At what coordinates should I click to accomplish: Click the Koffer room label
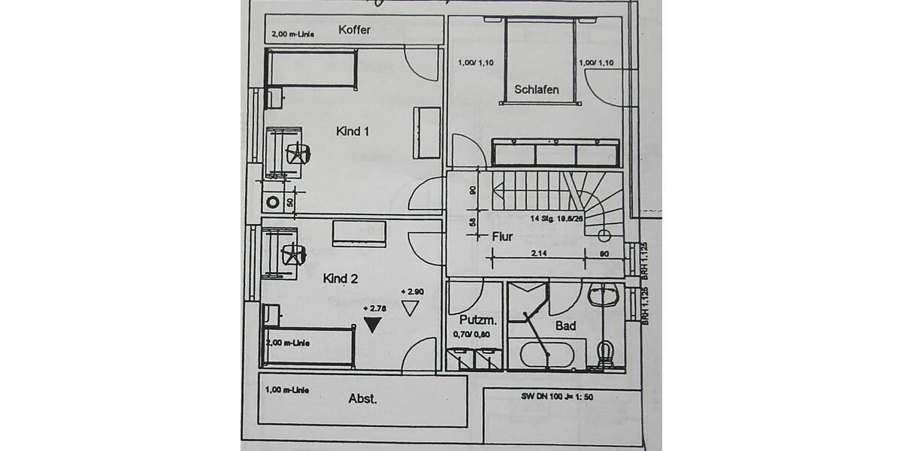pyautogui.click(x=355, y=30)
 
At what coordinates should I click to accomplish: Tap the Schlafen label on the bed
pyautogui.click(x=536, y=89)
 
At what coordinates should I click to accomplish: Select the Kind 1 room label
pyautogui.click(x=352, y=132)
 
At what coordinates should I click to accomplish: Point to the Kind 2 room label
pyautogui.click(x=341, y=279)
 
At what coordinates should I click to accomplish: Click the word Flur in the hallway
pyautogui.click(x=502, y=237)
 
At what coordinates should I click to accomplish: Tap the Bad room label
pyautogui.click(x=565, y=325)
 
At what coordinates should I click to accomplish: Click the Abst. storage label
pyautogui.click(x=362, y=399)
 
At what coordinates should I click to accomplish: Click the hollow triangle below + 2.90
pyautogui.click(x=410, y=307)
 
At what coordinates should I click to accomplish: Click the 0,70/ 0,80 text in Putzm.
pyautogui.click(x=471, y=335)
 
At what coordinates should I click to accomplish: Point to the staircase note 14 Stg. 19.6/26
pyautogui.click(x=557, y=219)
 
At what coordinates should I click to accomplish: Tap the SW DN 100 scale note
pyautogui.click(x=557, y=396)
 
